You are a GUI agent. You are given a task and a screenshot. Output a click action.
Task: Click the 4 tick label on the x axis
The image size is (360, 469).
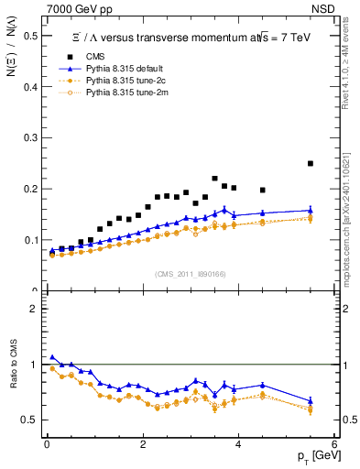(238, 445)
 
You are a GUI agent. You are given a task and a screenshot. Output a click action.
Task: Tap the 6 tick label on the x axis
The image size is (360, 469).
(334, 445)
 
